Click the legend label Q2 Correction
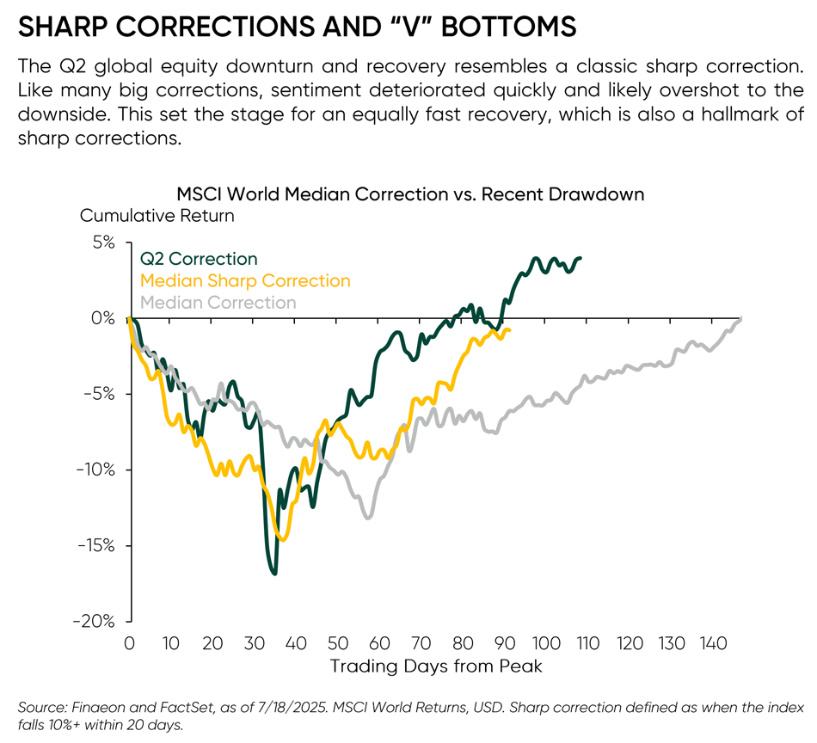click(x=199, y=259)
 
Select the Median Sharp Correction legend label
click(x=245, y=281)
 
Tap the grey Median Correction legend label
click(x=218, y=303)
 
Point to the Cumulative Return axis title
click(x=157, y=216)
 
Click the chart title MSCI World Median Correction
click(x=409, y=194)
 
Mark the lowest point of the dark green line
click(x=274, y=573)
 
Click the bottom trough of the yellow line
click(x=283, y=539)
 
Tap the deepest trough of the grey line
click(x=368, y=517)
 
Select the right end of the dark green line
click(x=580, y=258)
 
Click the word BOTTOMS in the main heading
click(x=509, y=27)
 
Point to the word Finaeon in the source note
click(x=96, y=707)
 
